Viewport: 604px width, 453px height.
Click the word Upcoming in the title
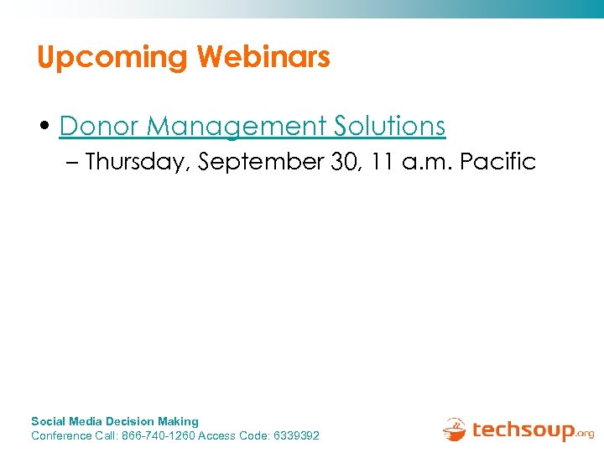[112, 58]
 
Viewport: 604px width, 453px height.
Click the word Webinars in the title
[263, 57]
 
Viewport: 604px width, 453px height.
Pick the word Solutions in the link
[390, 126]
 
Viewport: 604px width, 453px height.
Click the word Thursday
[137, 162]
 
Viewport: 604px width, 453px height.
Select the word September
[261, 162]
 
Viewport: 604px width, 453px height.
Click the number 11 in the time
[383, 162]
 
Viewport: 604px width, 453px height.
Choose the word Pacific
[499, 162]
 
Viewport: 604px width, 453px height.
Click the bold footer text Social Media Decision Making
[115, 421]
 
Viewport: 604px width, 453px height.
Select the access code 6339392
[296, 435]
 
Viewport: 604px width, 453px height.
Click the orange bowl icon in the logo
[455, 430]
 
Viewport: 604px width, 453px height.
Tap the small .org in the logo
[586, 435]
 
